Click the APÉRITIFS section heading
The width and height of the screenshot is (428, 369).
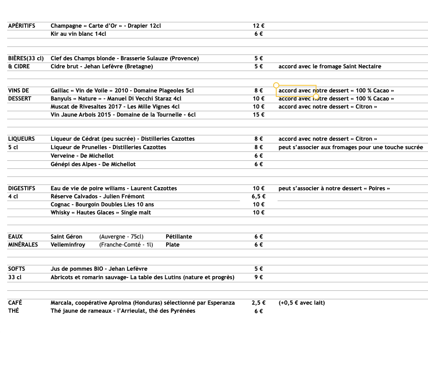(21, 26)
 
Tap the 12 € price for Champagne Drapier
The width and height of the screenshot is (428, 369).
(258, 26)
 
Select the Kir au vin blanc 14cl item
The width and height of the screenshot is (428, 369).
(78, 34)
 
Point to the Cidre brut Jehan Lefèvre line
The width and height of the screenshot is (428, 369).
(102, 67)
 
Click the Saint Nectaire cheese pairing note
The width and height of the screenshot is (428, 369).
(330, 67)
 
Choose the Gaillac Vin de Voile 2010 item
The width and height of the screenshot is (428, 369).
(122, 91)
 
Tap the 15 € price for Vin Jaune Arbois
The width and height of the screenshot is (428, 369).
(258, 115)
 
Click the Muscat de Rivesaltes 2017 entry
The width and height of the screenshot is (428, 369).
(115, 107)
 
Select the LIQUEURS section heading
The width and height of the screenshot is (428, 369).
(21, 139)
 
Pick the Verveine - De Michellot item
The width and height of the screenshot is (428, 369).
(82, 156)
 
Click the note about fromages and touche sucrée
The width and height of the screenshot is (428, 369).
(350, 147)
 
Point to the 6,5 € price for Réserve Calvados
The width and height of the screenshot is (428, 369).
(258, 197)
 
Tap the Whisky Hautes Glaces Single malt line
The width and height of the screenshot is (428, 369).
(100, 213)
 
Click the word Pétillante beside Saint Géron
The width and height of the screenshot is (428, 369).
(179, 237)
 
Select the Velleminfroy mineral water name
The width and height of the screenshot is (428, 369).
(68, 245)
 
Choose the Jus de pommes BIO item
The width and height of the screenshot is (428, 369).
(98, 269)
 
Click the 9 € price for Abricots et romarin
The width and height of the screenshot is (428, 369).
(258, 277)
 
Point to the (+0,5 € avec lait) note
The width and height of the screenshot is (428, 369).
(301, 303)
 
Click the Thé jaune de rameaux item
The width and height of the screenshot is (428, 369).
(123, 311)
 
